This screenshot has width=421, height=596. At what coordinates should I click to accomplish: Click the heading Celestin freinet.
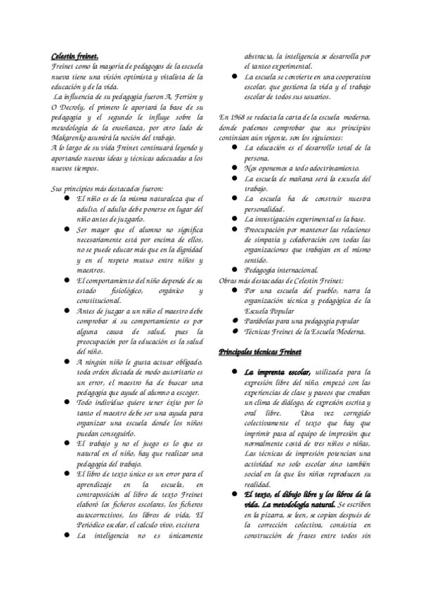coord(75,56)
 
